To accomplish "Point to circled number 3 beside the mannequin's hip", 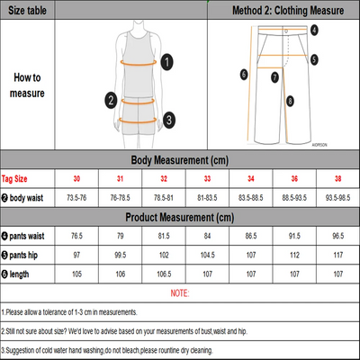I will point(168,118).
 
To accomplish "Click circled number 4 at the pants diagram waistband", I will point(313,30).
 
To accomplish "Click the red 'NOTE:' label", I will point(179,292).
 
